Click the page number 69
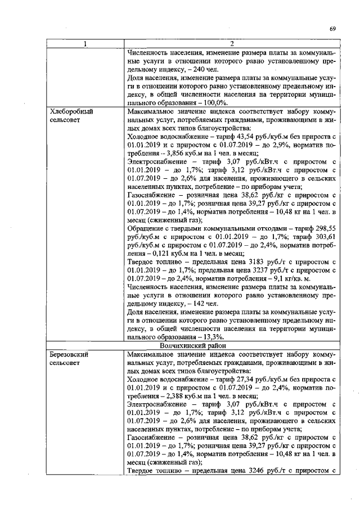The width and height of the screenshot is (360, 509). (333, 29)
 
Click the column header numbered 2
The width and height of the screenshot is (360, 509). (232, 44)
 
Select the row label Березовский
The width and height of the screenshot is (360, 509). (70, 355)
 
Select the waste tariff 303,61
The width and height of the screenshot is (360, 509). (325, 238)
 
